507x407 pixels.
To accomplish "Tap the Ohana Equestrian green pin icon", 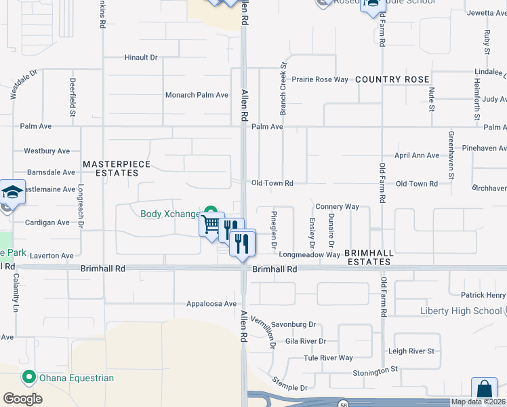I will pos(28,377).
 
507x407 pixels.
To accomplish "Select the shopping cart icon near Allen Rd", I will pos(211,225).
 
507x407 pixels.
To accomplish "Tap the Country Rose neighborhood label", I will pos(392,79).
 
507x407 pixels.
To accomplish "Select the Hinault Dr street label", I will pos(141,58).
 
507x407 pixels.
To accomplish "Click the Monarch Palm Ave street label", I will pos(197,95).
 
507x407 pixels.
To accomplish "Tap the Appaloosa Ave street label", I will pos(211,304).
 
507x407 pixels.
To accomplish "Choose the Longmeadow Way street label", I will pos(309,255).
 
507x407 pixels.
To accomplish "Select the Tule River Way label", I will pos(329,357).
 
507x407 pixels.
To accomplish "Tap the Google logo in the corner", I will pos(22,399).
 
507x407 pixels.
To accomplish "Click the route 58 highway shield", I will pos(344,404).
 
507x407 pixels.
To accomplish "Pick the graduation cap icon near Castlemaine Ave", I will pos(13,192).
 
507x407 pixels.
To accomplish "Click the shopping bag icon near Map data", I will pos(484,391).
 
